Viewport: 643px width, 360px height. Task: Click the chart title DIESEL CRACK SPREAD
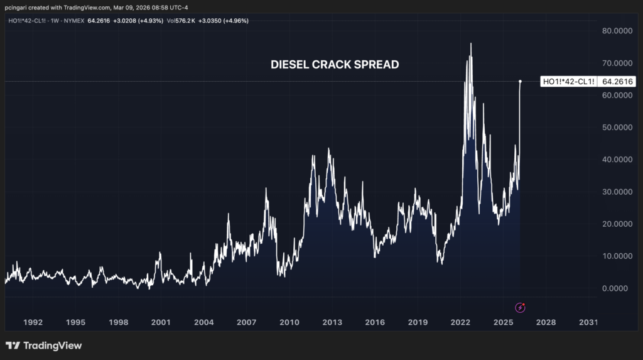point(334,64)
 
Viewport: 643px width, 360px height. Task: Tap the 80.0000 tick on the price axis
point(616,31)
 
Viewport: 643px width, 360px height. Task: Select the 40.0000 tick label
point(616,160)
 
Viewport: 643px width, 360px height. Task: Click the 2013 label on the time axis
point(332,322)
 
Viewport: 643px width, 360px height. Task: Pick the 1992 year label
point(33,322)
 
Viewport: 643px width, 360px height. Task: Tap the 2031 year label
point(588,322)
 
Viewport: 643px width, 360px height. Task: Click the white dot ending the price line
point(520,82)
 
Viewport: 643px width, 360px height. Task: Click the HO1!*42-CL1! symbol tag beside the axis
point(568,82)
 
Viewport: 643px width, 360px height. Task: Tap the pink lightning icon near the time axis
point(520,307)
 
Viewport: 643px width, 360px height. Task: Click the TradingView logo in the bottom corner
point(43,346)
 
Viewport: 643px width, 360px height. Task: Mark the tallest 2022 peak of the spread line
point(471,43)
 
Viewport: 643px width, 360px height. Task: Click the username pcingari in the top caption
point(19,8)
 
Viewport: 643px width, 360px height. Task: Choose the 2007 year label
point(247,322)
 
